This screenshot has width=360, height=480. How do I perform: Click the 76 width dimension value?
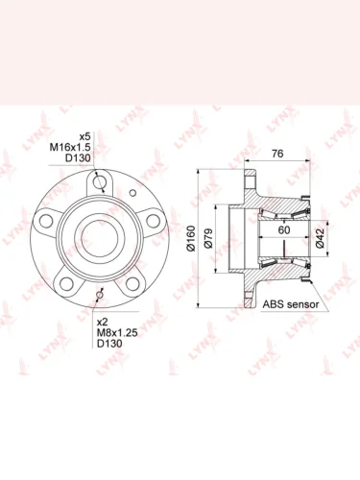(x=277, y=154)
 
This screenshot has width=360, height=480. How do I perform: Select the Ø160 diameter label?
(x=191, y=238)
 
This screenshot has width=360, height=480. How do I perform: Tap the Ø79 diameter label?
(x=208, y=238)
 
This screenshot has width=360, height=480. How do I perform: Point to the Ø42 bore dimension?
(x=321, y=238)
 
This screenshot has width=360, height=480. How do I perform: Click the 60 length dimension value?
(x=284, y=229)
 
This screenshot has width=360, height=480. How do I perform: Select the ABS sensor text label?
(x=291, y=304)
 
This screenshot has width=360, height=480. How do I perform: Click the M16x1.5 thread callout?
(x=70, y=147)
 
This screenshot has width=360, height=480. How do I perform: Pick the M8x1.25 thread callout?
(x=117, y=332)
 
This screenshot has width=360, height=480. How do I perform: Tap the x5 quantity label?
(x=85, y=136)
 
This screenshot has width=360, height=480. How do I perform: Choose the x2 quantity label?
(x=103, y=322)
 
